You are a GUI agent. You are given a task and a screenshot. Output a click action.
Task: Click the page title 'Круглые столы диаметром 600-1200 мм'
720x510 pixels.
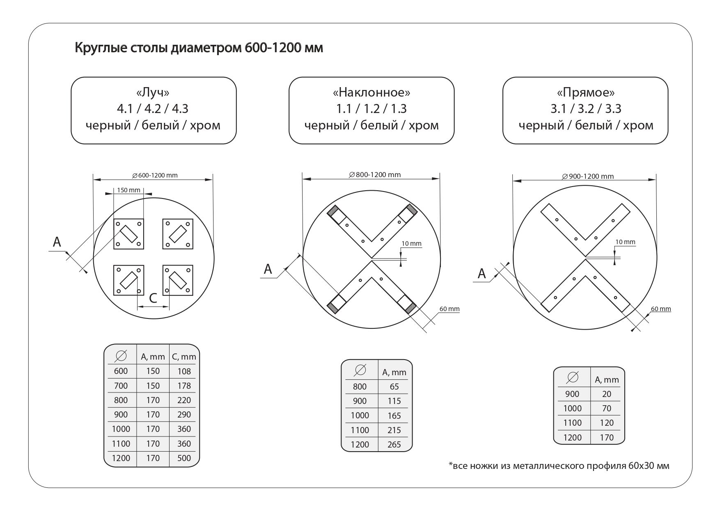click(199, 48)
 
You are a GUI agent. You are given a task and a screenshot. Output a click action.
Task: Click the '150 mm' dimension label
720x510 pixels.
click(128, 190)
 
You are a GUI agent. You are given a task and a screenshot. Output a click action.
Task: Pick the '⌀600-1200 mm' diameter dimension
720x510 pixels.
click(155, 175)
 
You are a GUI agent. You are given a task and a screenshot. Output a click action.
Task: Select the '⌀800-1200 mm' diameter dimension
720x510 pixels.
click(374, 175)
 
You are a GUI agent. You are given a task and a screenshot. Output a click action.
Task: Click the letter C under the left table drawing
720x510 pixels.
click(153, 298)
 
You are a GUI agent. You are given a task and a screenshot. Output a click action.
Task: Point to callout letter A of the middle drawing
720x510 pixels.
click(268, 269)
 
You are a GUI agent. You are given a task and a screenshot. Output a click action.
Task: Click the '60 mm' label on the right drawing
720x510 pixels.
click(660, 309)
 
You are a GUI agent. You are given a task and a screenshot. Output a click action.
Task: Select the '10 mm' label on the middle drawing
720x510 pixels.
click(411, 244)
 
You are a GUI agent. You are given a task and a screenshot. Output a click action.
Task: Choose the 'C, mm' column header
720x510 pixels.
click(184, 357)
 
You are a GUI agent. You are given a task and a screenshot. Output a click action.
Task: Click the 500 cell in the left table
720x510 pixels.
click(184, 458)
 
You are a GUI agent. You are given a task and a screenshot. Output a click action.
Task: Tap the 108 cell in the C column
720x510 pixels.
click(184, 372)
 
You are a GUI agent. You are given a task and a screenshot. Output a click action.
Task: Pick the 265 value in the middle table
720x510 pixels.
click(394, 445)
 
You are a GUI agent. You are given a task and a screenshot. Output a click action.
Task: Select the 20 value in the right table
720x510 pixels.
click(606, 394)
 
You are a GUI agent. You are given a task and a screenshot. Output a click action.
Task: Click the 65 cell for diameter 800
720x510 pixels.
click(394, 387)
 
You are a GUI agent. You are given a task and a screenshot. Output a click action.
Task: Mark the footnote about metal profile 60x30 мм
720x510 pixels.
click(559, 466)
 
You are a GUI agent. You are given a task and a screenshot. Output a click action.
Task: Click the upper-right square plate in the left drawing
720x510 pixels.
click(178, 234)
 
